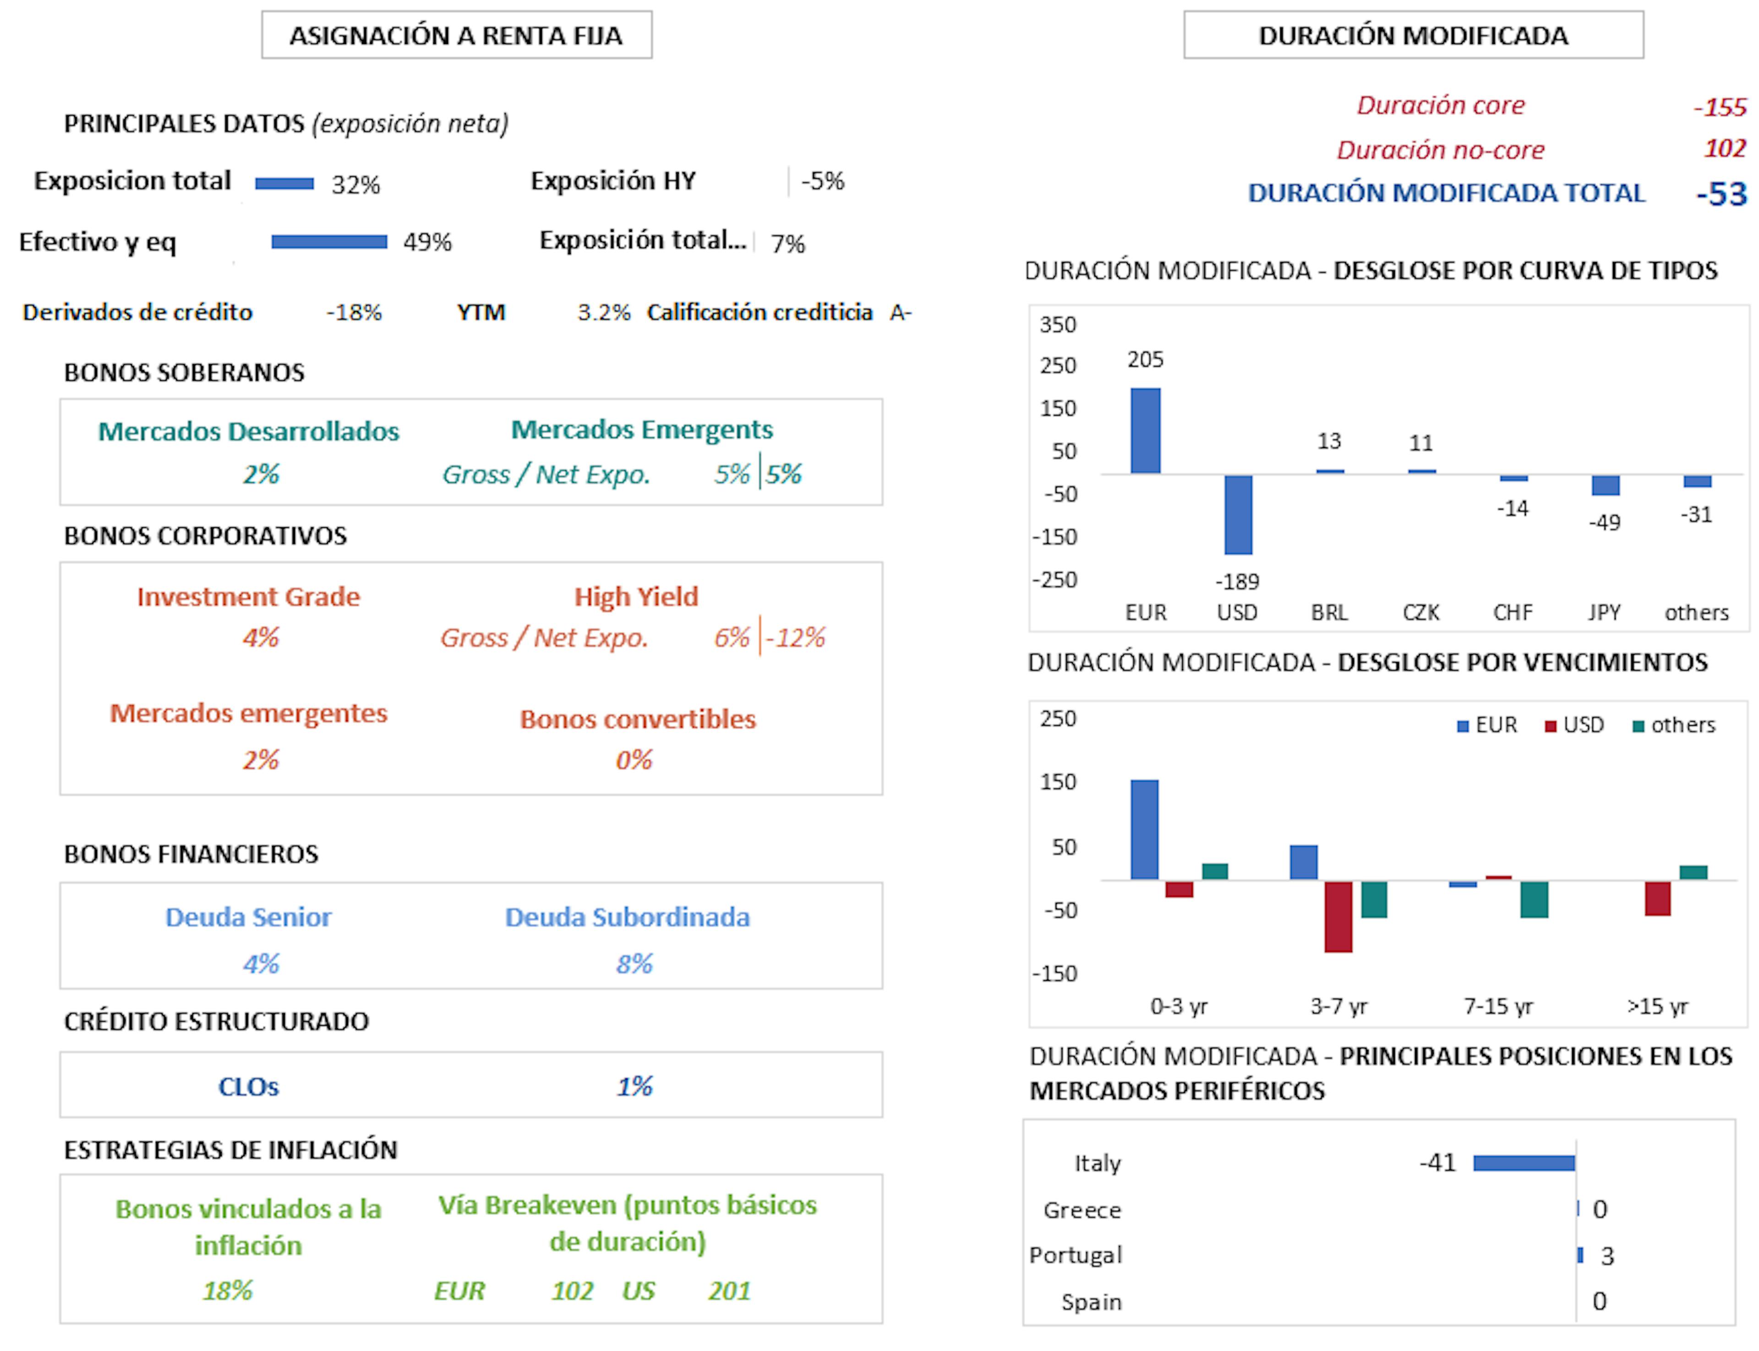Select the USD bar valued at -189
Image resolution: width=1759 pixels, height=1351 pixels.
tap(1238, 514)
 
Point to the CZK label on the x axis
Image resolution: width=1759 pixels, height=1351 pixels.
tap(1420, 613)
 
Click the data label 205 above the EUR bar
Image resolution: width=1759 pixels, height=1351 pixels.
tap(1145, 360)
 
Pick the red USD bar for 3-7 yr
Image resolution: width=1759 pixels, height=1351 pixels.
tap(1338, 917)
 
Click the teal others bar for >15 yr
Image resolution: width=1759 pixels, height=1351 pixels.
tap(1693, 873)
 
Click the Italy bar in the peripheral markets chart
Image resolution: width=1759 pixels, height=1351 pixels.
tap(1524, 1163)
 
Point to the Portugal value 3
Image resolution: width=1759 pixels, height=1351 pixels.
tap(1607, 1256)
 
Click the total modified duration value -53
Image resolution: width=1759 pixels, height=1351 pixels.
tap(1721, 195)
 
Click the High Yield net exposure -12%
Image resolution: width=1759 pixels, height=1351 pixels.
tap(795, 638)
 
